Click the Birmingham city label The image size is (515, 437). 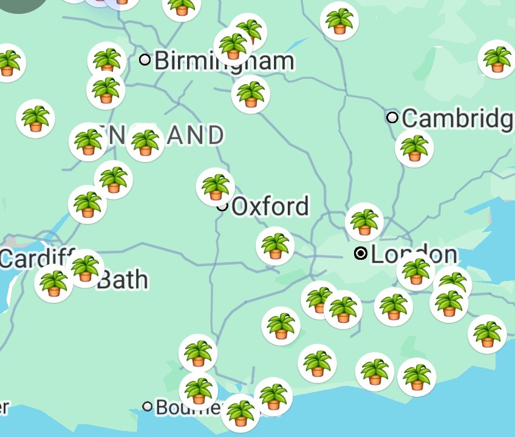click(223, 61)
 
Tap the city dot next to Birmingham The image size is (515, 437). click(145, 59)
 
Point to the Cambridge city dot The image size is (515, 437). click(392, 117)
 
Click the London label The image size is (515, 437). click(414, 254)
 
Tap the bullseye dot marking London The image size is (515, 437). click(361, 253)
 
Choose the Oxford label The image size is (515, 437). click(270, 206)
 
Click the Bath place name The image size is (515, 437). click(122, 280)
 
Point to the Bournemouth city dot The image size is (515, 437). click(148, 406)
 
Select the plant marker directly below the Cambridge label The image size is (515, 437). click(414, 148)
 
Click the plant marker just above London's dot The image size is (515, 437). click(364, 222)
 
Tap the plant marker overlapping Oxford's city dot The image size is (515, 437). click(216, 187)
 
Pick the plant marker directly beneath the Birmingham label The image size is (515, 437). click(250, 94)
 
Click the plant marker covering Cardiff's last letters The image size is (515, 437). click(84, 268)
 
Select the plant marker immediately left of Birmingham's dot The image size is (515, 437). click(107, 61)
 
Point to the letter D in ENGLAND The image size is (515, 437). click(214, 136)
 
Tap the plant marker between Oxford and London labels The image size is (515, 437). click(275, 246)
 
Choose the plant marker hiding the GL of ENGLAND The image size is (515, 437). click(145, 143)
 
